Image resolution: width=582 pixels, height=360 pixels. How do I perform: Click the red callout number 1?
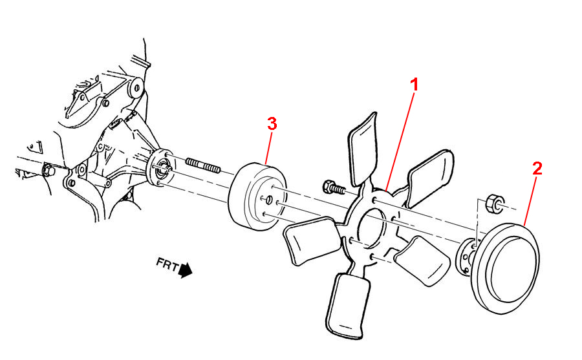[415, 85]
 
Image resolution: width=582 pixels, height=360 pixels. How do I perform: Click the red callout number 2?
[537, 169]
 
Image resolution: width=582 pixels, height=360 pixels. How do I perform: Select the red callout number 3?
[272, 123]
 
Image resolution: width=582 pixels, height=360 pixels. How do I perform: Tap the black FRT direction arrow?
[185, 270]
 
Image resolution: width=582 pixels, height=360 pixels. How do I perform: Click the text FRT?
[167, 264]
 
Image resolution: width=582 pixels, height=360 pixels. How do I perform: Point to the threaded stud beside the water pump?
[203, 165]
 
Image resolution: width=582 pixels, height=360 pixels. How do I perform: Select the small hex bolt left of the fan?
[333, 187]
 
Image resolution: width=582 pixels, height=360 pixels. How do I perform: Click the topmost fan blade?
[363, 149]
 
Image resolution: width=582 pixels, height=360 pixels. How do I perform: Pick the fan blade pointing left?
[312, 240]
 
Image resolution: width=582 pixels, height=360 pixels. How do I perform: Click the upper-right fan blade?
[430, 178]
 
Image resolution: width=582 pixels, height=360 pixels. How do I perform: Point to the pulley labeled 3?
[257, 196]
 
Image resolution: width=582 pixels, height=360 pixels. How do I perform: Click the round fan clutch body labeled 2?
[505, 268]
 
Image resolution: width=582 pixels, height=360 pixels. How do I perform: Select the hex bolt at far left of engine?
[48, 170]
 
